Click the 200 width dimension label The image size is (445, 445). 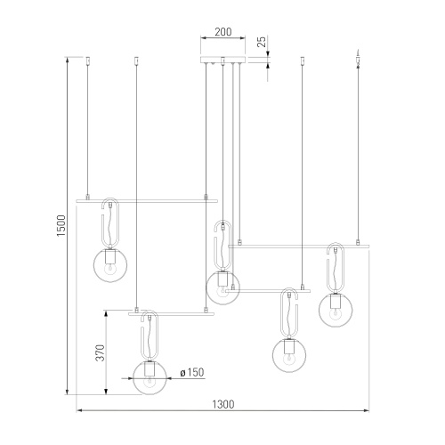click(x=223, y=32)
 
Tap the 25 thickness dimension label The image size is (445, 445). click(x=262, y=42)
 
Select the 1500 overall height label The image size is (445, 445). click(x=61, y=226)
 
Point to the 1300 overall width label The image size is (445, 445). click(x=223, y=404)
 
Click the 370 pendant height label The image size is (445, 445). click(x=101, y=352)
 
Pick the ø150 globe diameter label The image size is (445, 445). click(x=192, y=373)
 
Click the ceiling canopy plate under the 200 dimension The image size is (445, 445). click(x=223, y=60)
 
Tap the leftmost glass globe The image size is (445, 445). click(x=110, y=265)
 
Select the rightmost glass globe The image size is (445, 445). click(x=336, y=310)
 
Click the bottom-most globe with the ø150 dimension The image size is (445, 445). click(x=150, y=378)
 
